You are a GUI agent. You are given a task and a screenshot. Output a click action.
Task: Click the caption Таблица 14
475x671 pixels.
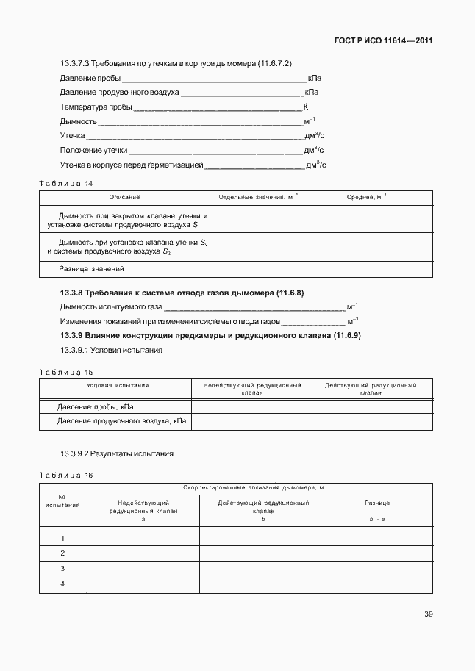pyautogui.click(x=65, y=182)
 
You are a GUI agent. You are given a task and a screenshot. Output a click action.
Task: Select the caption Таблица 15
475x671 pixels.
pyautogui.click(x=65, y=372)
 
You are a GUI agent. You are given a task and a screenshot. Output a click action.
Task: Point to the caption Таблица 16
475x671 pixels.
pyautogui.click(x=65, y=475)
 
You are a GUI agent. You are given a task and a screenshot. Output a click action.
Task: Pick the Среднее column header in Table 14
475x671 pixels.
pyautogui.click(x=366, y=197)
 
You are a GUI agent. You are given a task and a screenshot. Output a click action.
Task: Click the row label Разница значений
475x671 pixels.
pyautogui.click(x=92, y=269)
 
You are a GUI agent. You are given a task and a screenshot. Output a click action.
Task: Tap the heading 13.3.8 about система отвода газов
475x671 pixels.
pyautogui.click(x=182, y=293)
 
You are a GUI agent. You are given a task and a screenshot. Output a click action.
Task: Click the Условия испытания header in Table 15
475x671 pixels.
pyautogui.click(x=118, y=385)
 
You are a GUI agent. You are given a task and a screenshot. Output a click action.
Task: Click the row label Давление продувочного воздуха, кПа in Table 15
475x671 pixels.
pyautogui.click(x=121, y=422)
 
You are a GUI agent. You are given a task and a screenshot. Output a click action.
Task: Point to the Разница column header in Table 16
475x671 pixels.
pyautogui.click(x=377, y=503)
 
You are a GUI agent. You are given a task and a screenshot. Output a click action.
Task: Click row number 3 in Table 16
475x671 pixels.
pyautogui.click(x=63, y=569)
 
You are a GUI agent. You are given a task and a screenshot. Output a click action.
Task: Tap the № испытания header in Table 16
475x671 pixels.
pyautogui.click(x=63, y=500)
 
